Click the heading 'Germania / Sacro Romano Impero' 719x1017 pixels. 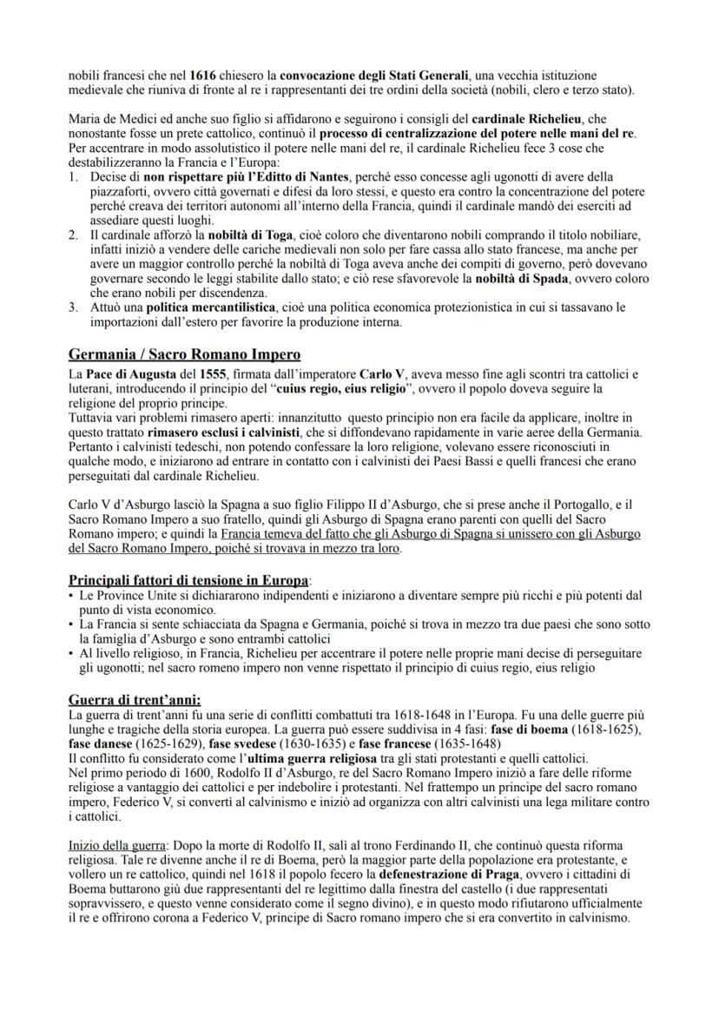coord(185,353)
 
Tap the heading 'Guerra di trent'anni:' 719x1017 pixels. coord(135,699)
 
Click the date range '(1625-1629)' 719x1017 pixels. coord(162,744)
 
